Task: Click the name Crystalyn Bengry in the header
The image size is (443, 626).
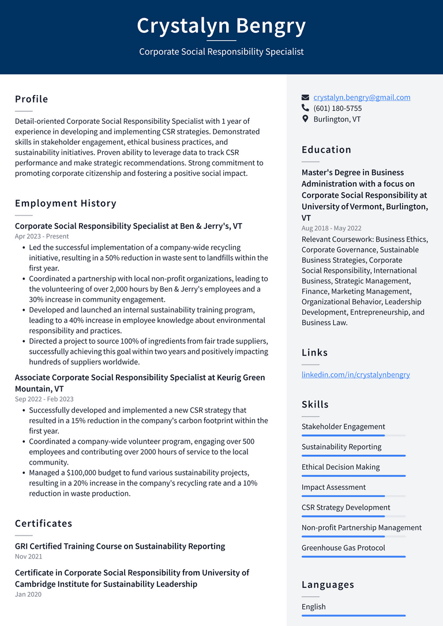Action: [x=221, y=26]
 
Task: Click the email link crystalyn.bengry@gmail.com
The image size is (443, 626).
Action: [x=362, y=97]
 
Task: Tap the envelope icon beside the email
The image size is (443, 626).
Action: [x=305, y=97]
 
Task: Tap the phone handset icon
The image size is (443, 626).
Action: [x=305, y=108]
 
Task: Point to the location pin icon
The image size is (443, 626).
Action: [x=305, y=119]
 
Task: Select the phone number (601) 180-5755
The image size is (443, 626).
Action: [x=337, y=108]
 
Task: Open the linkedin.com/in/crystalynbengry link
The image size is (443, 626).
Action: [x=355, y=375]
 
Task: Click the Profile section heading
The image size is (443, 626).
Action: [x=32, y=99]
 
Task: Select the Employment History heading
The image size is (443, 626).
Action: [x=66, y=203]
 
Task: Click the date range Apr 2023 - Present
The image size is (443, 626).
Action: [x=42, y=236]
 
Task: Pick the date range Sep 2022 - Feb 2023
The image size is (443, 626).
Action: [x=44, y=399]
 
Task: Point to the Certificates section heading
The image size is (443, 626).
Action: [x=44, y=523]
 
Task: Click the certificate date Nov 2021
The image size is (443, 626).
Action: [x=28, y=557]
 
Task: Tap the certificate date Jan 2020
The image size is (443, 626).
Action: [x=28, y=594]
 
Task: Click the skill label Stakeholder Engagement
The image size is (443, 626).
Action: [x=343, y=427]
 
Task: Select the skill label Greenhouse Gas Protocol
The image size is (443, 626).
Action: [x=343, y=548]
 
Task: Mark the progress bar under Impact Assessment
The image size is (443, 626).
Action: [x=353, y=496]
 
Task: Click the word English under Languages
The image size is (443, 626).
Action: [x=313, y=606]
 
